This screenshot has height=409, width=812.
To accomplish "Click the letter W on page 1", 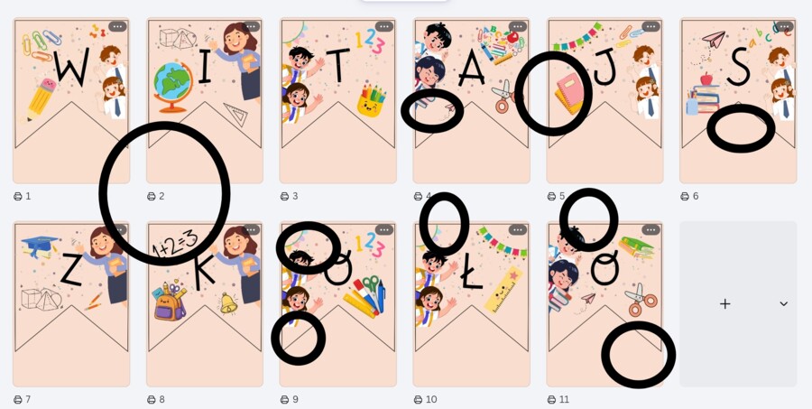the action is (x=71, y=66).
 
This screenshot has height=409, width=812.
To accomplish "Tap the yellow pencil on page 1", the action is (x=42, y=98).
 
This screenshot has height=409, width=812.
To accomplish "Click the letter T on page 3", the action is (x=338, y=64).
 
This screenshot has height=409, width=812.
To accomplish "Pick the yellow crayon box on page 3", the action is (x=372, y=101).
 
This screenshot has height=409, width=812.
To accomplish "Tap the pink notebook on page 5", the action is (x=568, y=93).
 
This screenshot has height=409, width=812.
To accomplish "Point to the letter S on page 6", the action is (x=738, y=66).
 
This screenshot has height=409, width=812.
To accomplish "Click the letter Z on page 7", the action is (x=71, y=271).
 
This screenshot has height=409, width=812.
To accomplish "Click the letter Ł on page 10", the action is (x=471, y=274).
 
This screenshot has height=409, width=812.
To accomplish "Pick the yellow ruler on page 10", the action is (x=503, y=290).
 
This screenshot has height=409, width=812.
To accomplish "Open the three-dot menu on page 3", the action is (x=384, y=26).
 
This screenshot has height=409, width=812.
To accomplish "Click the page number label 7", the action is (x=28, y=400).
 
